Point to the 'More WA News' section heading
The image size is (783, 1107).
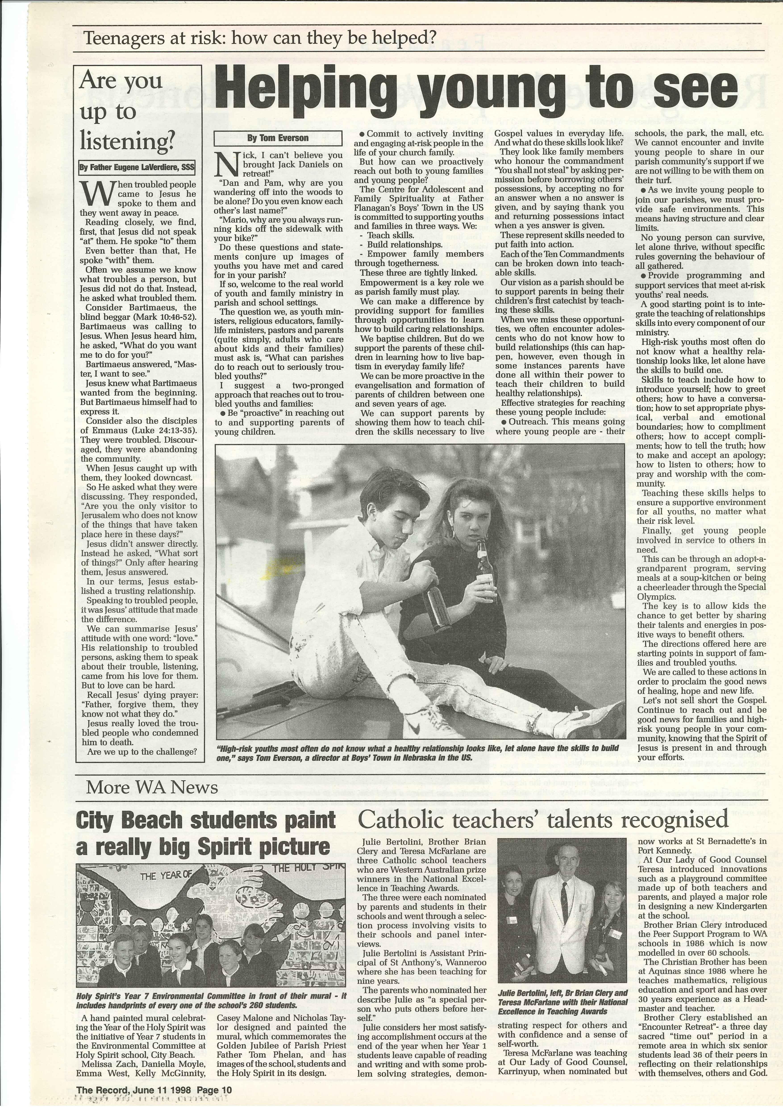pyautogui.click(x=152, y=787)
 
